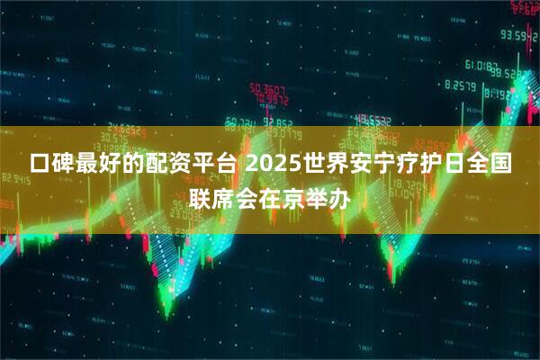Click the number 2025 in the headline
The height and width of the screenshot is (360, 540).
[x=274, y=166]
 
